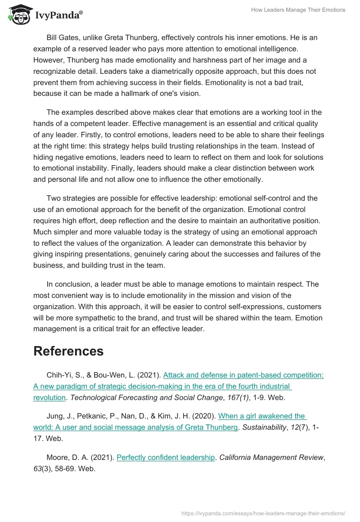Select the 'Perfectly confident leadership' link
point(166,457)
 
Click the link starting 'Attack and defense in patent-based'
point(243,375)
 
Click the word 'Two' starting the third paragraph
point(53,198)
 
